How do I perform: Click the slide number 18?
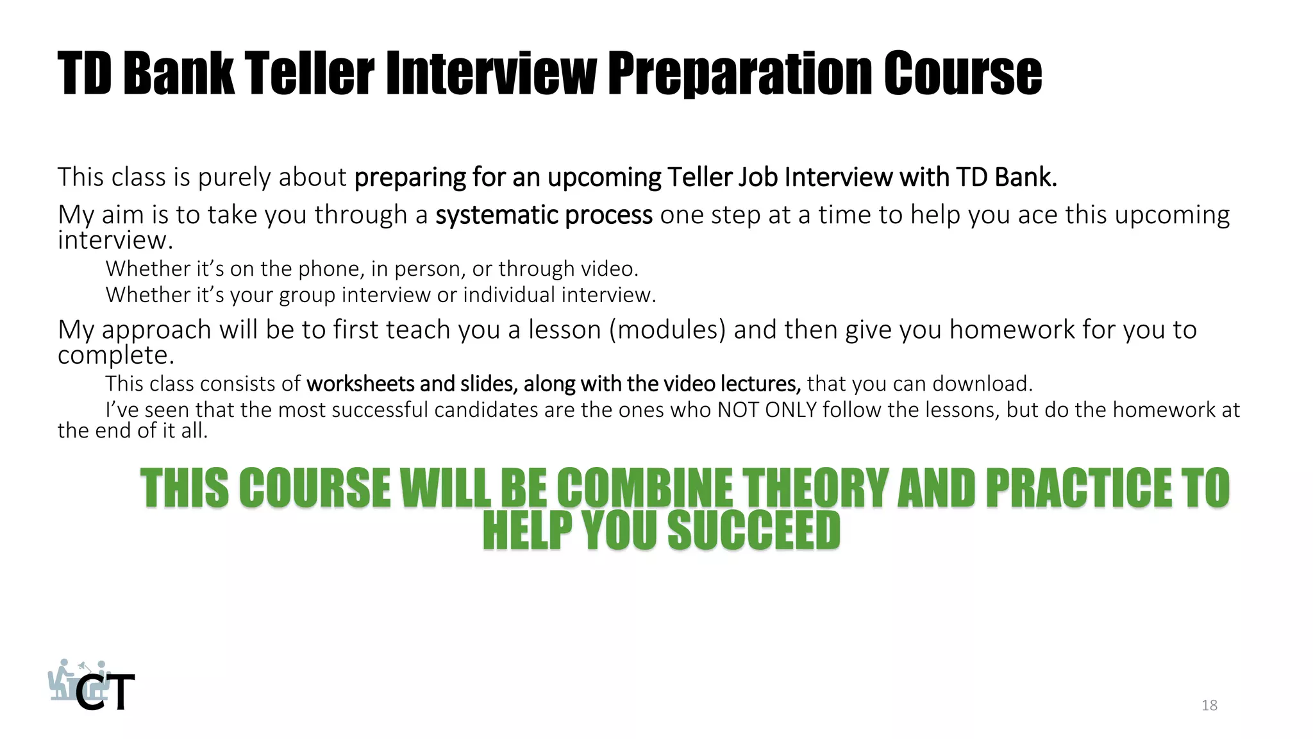click(x=1209, y=706)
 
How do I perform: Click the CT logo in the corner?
click(x=92, y=686)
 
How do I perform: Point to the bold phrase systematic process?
click(x=544, y=215)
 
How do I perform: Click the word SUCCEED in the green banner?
click(x=754, y=531)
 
